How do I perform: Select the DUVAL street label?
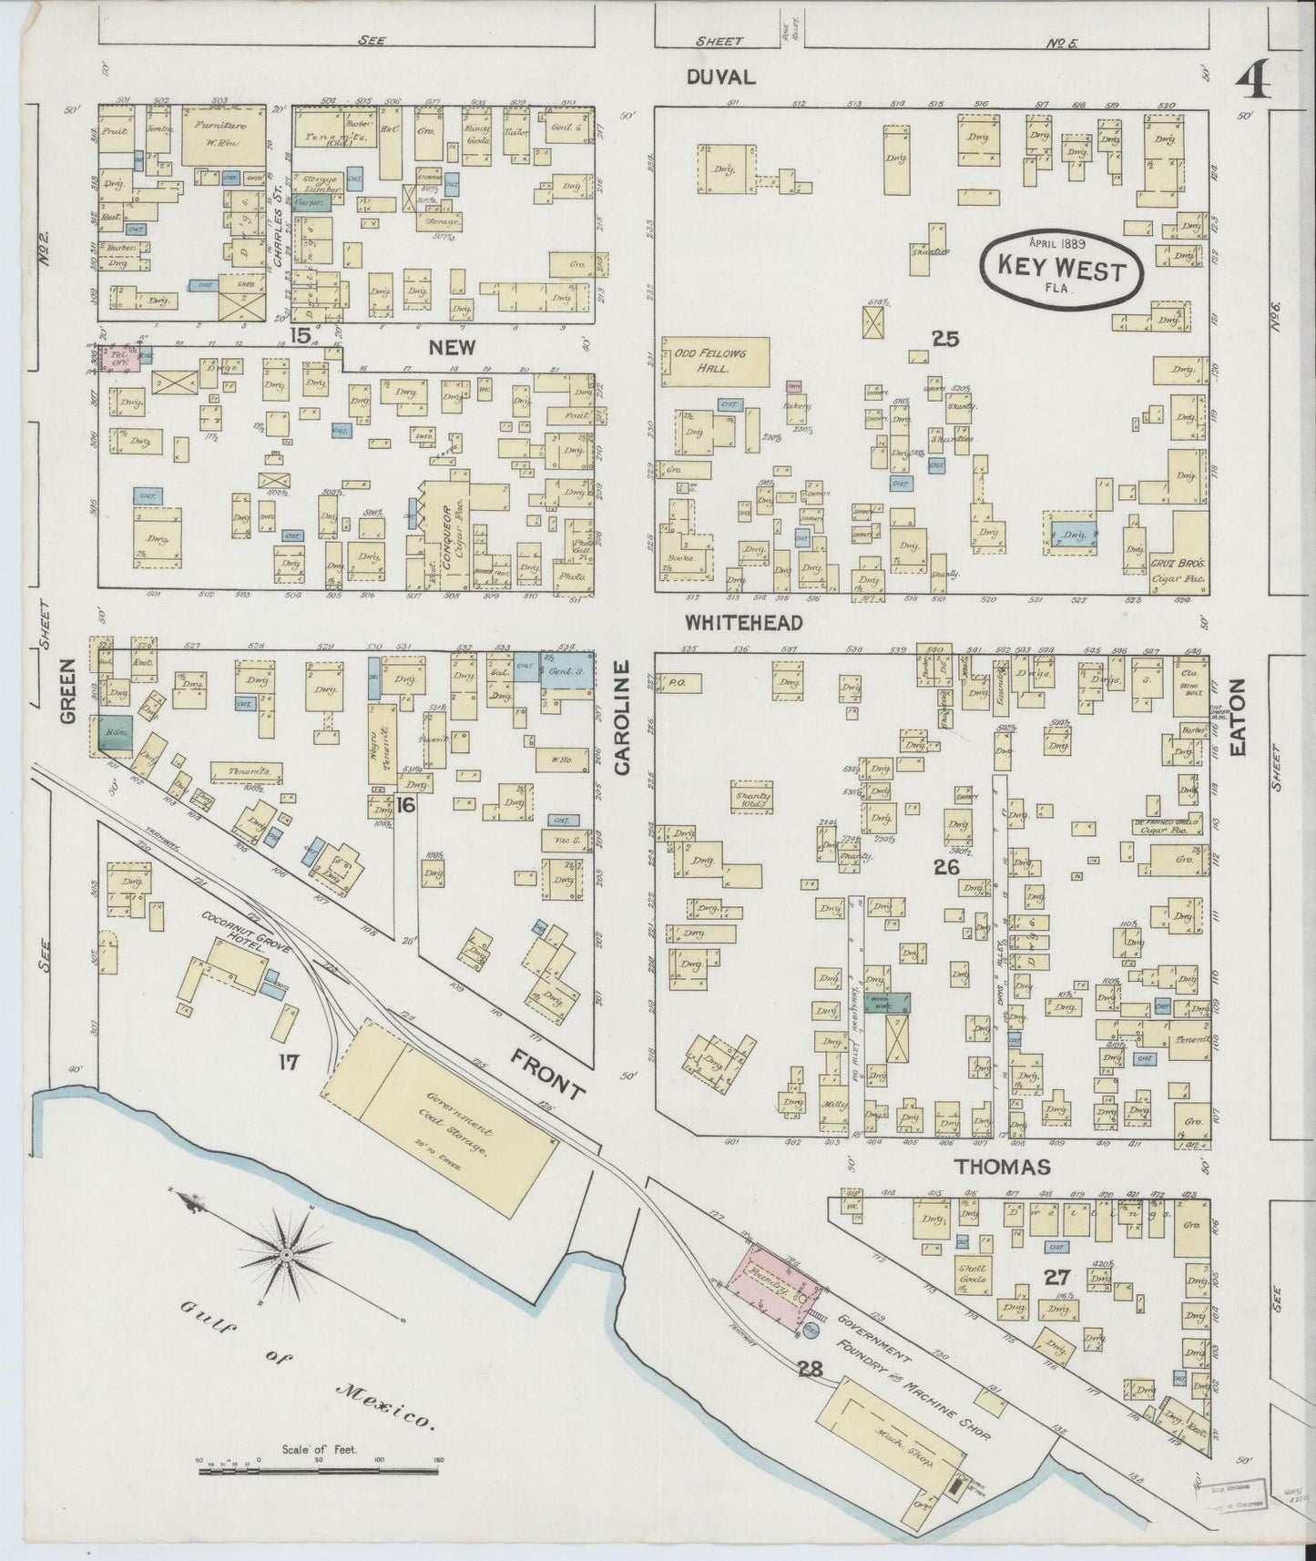(721, 77)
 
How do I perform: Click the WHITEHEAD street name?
(744, 623)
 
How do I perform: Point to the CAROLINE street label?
(622, 719)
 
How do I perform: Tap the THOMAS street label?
(1002, 1167)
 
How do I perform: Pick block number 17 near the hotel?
(290, 1061)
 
